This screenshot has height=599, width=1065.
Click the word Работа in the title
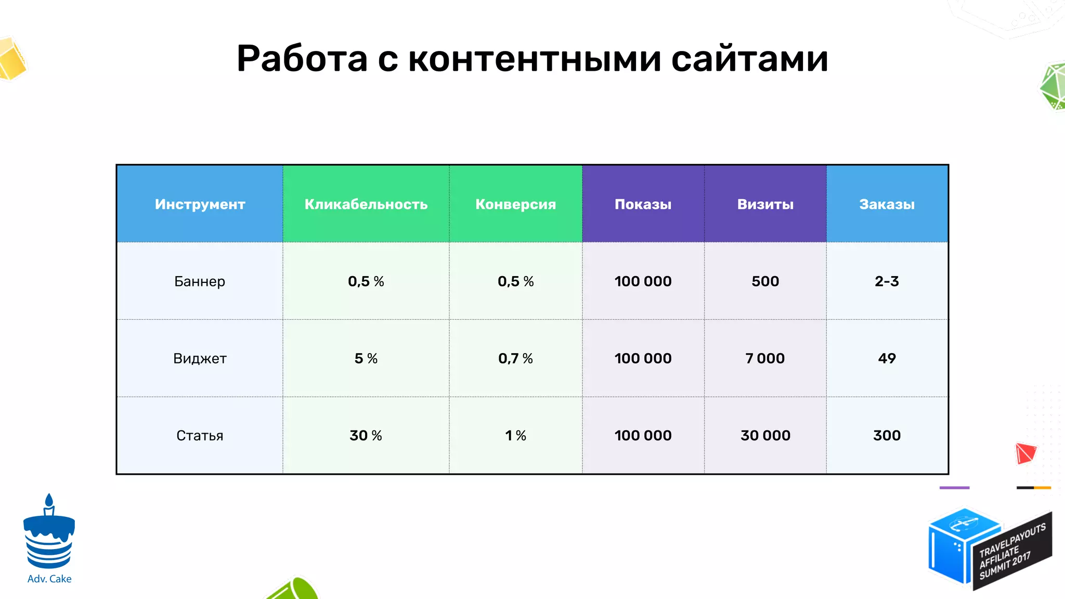point(302,58)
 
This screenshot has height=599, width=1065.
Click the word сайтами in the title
point(749,58)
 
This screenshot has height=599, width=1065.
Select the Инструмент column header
point(200,204)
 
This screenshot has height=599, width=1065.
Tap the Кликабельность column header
point(366,204)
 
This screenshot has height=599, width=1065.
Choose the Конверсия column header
point(515,204)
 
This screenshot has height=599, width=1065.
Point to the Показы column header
point(643,204)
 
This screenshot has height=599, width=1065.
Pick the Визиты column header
point(765,204)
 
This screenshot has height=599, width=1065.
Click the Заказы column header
point(887,204)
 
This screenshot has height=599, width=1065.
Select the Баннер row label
point(200,281)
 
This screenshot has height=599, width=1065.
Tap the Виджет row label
point(200,358)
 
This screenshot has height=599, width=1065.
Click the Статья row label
point(200,435)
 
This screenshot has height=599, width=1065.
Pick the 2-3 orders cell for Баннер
point(887,281)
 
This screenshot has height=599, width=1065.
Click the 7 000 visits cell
point(765,358)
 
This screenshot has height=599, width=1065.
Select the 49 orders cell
point(887,358)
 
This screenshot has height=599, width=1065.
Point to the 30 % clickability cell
point(366,435)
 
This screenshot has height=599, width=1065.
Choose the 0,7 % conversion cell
point(515,358)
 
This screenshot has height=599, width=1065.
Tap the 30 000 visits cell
point(765,435)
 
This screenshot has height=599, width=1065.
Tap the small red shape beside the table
point(1025,453)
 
